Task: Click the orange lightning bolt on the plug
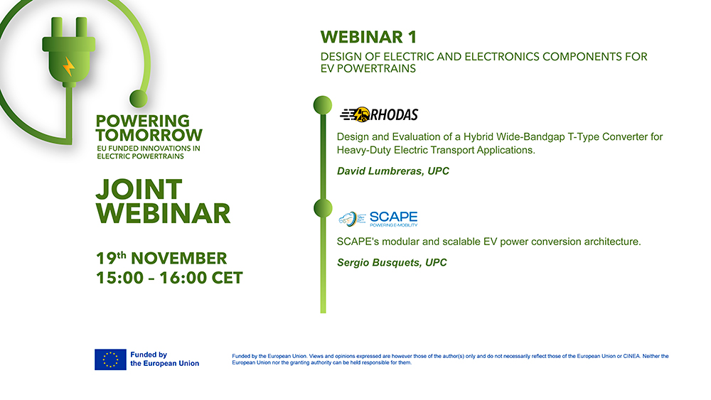[x=68, y=67]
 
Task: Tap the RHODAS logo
[x=379, y=114]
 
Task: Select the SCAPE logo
[x=378, y=218]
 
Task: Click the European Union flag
[x=110, y=359]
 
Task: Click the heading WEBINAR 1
[x=368, y=37]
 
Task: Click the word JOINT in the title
[x=139, y=189]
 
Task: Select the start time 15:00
[x=119, y=278]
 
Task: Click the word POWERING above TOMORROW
[x=143, y=121]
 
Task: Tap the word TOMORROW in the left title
[x=149, y=135]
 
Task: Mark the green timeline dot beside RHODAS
[x=323, y=104]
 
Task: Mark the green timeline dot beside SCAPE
[x=323, y=207]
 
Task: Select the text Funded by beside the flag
[x=149, y=355]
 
